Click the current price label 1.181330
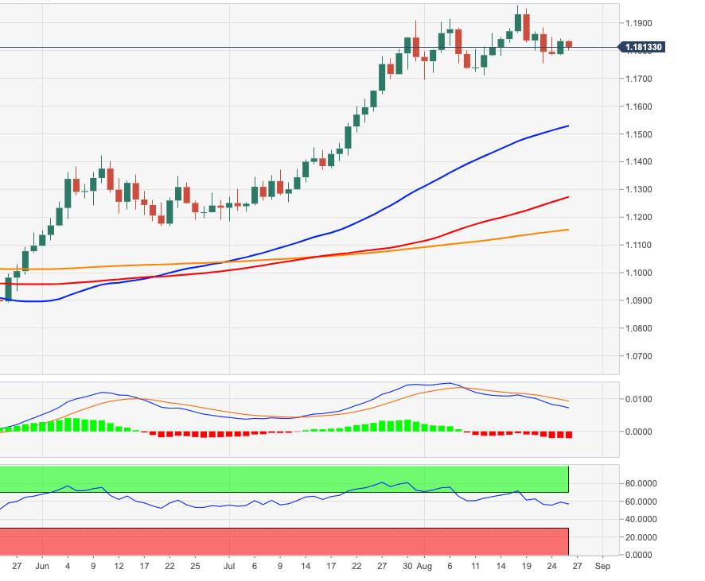643,48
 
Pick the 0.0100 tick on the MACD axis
640,399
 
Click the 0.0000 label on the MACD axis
640,432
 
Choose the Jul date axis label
228,567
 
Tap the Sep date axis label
602,567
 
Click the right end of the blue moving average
568,126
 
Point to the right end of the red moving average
568,197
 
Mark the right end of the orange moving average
568,230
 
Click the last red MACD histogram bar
569,435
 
